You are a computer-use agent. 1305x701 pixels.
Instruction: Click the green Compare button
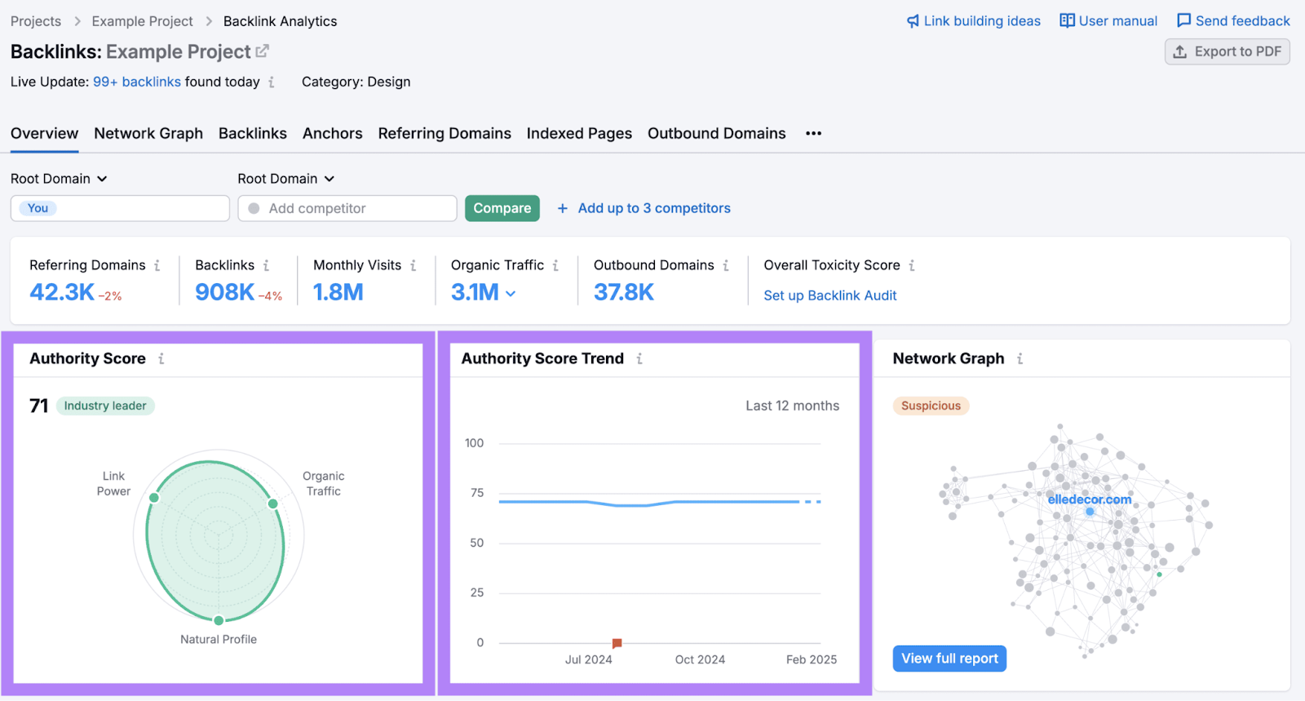(x=502, y=208)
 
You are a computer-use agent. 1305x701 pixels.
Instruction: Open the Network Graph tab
(x=148, y=133)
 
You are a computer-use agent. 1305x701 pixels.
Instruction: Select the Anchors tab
(x=332, y=133)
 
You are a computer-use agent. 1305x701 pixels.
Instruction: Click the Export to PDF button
(x=1227, y=51)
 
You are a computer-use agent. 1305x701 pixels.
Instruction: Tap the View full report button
(x=949, y=659)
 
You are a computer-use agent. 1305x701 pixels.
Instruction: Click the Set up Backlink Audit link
(x=829, y=295)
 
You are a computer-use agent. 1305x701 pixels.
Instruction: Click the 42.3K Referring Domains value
(x=62, y=292)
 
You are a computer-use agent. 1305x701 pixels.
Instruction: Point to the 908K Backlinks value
(x=224, y=292)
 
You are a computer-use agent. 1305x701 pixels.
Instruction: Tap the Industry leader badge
(x=105, y=406)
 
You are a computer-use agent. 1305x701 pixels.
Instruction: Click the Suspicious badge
(x=931, y=406)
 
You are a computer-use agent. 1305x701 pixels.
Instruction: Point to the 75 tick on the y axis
(x=477, y=493)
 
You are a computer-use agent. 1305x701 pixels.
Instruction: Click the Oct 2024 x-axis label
(x=700, y=659)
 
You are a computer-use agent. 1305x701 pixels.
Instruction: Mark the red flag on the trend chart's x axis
(x=617, y=644)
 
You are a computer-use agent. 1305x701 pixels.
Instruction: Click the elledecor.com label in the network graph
(x=1089, y=499)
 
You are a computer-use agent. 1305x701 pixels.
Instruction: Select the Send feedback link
(x=1233, y=21)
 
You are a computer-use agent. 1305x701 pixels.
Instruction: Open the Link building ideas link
(x=974, y=21)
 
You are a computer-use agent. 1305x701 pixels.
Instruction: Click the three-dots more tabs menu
(x=813, y=133)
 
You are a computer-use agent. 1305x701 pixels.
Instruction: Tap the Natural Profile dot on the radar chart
(x=219, y=621)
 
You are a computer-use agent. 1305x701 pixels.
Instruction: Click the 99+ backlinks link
(x=137, y=82)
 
